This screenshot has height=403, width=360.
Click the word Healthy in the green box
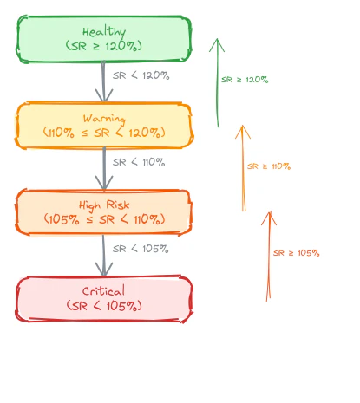tap(104, 32)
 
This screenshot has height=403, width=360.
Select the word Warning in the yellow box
tap(104, 119)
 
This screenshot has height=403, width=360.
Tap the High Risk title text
tap(104, 205)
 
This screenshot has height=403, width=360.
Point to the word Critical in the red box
tap(103, 291)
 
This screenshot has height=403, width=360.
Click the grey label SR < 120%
tap(141, 75)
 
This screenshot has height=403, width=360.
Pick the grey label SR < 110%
tap(139, 162)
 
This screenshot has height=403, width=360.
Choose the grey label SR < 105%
tap(141, 249)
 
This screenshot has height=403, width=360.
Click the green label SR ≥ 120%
tap(245, 80)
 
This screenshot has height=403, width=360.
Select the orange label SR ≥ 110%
tap(269, 166)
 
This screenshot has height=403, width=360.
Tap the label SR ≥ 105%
tap(297, 253)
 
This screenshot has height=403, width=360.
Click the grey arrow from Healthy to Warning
tap(103, 81)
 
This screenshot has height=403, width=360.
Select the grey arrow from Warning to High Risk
tap(104, 168)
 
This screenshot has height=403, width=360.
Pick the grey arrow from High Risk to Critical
tap(104, 256)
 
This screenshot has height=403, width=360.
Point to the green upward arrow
tap(218, 82)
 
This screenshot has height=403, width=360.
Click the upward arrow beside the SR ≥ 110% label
tap(243, 168)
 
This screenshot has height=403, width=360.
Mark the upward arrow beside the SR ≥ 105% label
tap(269, 256)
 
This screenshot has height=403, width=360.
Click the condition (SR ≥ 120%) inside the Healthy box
tap(104, 46)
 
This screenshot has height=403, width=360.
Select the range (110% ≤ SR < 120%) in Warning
tap(104, 133)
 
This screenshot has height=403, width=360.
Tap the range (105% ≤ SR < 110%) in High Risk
tap(104, 219)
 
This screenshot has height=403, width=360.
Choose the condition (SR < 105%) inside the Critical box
tap(104, 306)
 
